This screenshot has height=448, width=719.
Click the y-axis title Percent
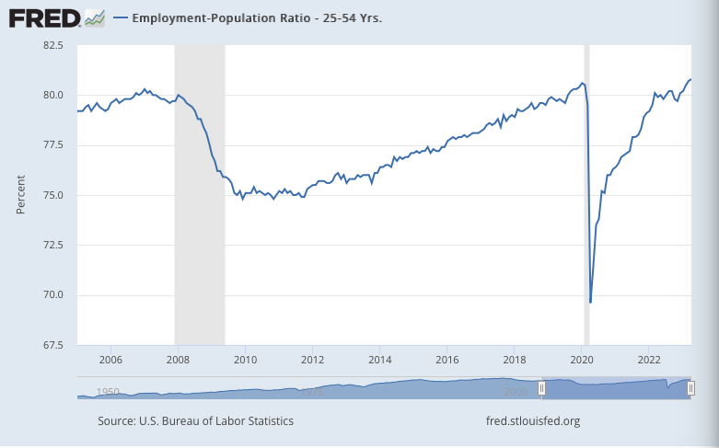pos(20,195)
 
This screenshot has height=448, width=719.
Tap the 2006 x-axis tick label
pos(110,359)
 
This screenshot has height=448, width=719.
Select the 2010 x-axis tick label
pos(245,359)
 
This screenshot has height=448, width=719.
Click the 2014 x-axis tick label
pos(380,359)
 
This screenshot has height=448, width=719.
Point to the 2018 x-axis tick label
pos(515,359)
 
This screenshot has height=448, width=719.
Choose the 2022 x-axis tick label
pos(649,359)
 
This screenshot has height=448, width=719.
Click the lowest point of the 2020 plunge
pos(590,302)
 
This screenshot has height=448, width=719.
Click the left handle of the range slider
pos(541,389)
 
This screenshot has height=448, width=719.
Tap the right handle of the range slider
pos(690,389)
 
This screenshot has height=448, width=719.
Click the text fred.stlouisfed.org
pos(532,421)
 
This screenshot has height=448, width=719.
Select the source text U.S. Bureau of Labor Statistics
pos(195,421)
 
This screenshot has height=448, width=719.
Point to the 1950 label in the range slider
pos(108,392)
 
